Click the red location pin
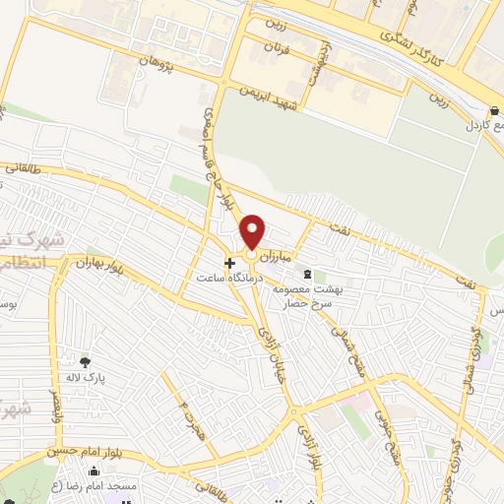pos(254,232)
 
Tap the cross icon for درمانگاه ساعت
pos(230,263)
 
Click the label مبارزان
pos(275,254)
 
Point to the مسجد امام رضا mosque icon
pos(94,472)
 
